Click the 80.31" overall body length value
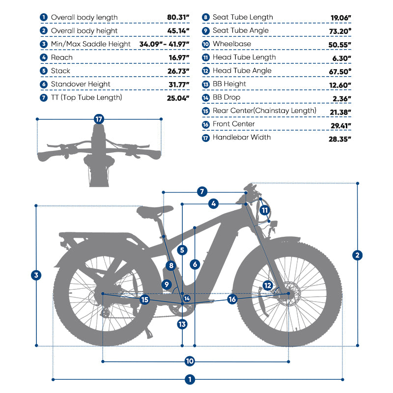[177, 18]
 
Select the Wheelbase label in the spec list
[232, 44]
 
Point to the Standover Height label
[81, 84]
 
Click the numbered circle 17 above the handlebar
[100, 119]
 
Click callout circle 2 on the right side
[358, 255]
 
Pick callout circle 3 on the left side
[36, 275]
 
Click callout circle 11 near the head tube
[265, 210]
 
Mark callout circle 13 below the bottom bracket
[182, 324]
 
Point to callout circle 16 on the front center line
[232, 299]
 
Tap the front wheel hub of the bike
[288, 293]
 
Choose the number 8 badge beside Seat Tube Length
[205, 18]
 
